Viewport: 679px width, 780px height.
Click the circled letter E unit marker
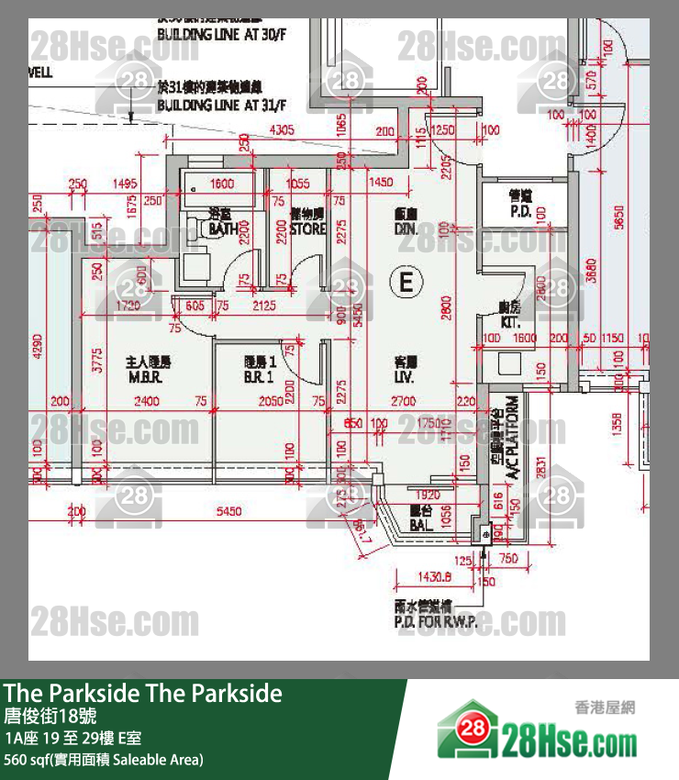pos(406,281)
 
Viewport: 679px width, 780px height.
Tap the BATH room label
pos(223,227)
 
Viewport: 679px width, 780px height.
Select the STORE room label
pos(308,228)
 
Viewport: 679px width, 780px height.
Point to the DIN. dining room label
pos(406,228)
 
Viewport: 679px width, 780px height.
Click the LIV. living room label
pos(405,376)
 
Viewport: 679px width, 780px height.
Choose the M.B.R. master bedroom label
pos(147,376)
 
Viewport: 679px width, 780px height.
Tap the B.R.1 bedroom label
pos(260,376)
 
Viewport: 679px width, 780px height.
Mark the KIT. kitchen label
pos(510,323)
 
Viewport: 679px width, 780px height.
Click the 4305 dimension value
pos(281,130)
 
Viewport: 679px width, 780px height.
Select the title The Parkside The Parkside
pos(143,694)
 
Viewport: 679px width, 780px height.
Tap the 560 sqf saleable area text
pos(104,759)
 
